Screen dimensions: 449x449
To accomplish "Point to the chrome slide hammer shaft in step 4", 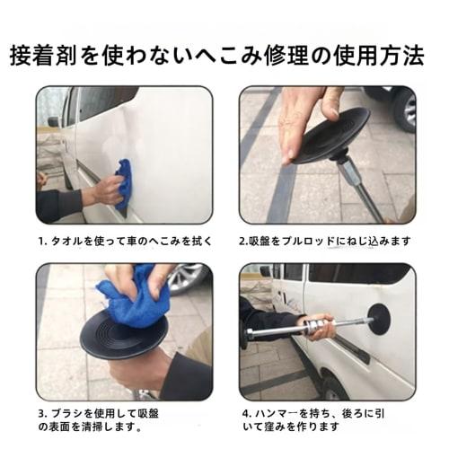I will click(x=287, y=330).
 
